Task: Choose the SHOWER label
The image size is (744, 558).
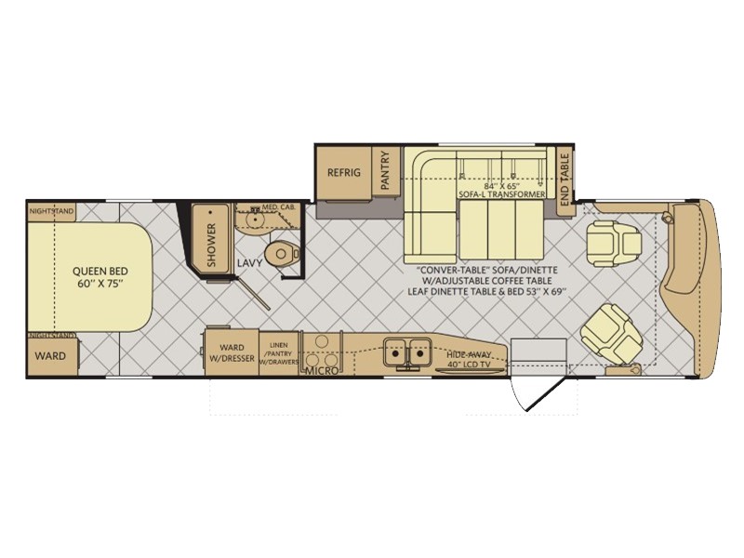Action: tap(211, 245)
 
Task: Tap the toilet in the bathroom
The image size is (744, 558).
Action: tap(279, 253)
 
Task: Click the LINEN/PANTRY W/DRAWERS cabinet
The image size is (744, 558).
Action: tap(277, 354)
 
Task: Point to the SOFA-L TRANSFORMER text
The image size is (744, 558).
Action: tap(501, 194)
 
